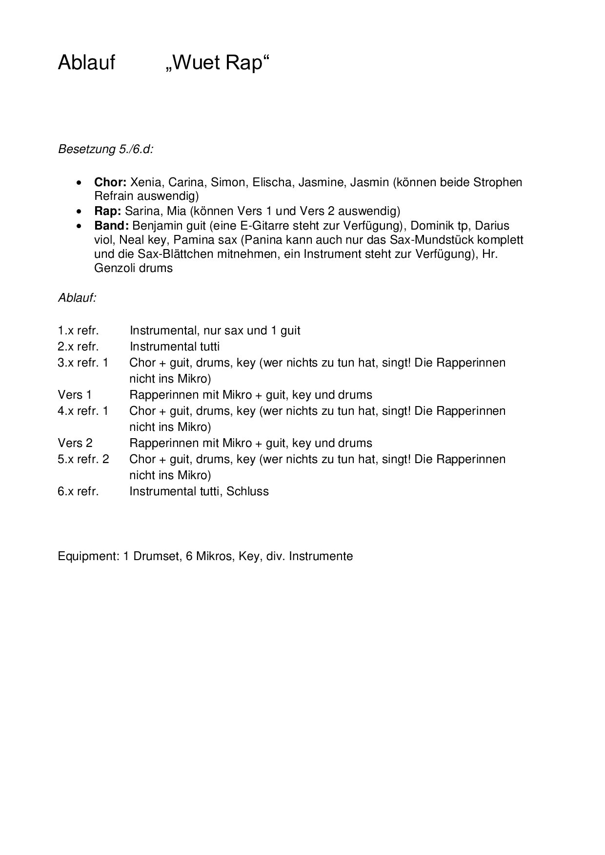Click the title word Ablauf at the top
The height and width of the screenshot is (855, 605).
(x=86, y=63)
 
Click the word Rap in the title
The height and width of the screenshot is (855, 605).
(x=247, y=63)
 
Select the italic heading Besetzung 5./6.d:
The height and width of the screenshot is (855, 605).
(x=106, y=149)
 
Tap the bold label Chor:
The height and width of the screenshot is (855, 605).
(x=110, y=182)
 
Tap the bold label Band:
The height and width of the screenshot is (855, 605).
(x=112, y=226)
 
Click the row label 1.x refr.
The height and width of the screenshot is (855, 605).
(x=78, y=330)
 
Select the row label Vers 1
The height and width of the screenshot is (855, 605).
(x=75, y=395)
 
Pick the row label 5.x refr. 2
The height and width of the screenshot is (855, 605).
(x=83, y=459)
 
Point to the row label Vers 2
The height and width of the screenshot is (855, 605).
(x=75, y=443)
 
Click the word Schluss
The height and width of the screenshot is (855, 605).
(x=247, y=491)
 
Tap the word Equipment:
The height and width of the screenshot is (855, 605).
(x=88, y=556)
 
